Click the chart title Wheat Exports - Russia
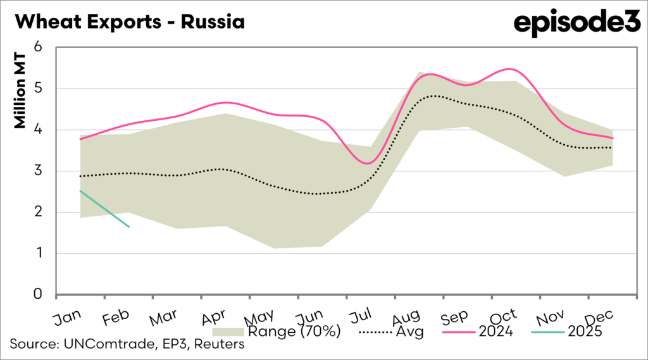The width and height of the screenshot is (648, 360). [129, 23]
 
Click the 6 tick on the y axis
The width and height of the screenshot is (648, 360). [37, 47]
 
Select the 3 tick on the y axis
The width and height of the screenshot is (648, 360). [37, 171]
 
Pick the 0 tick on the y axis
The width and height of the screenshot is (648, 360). [37, 295]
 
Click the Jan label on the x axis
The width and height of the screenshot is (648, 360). [66, 316]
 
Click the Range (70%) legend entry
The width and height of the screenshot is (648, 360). [278, 331]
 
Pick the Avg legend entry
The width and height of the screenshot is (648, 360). [392, 331]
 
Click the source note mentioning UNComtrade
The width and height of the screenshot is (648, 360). [127, 345]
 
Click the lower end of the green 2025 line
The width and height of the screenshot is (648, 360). [128, 227]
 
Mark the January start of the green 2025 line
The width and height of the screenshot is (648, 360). [80, 191]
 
